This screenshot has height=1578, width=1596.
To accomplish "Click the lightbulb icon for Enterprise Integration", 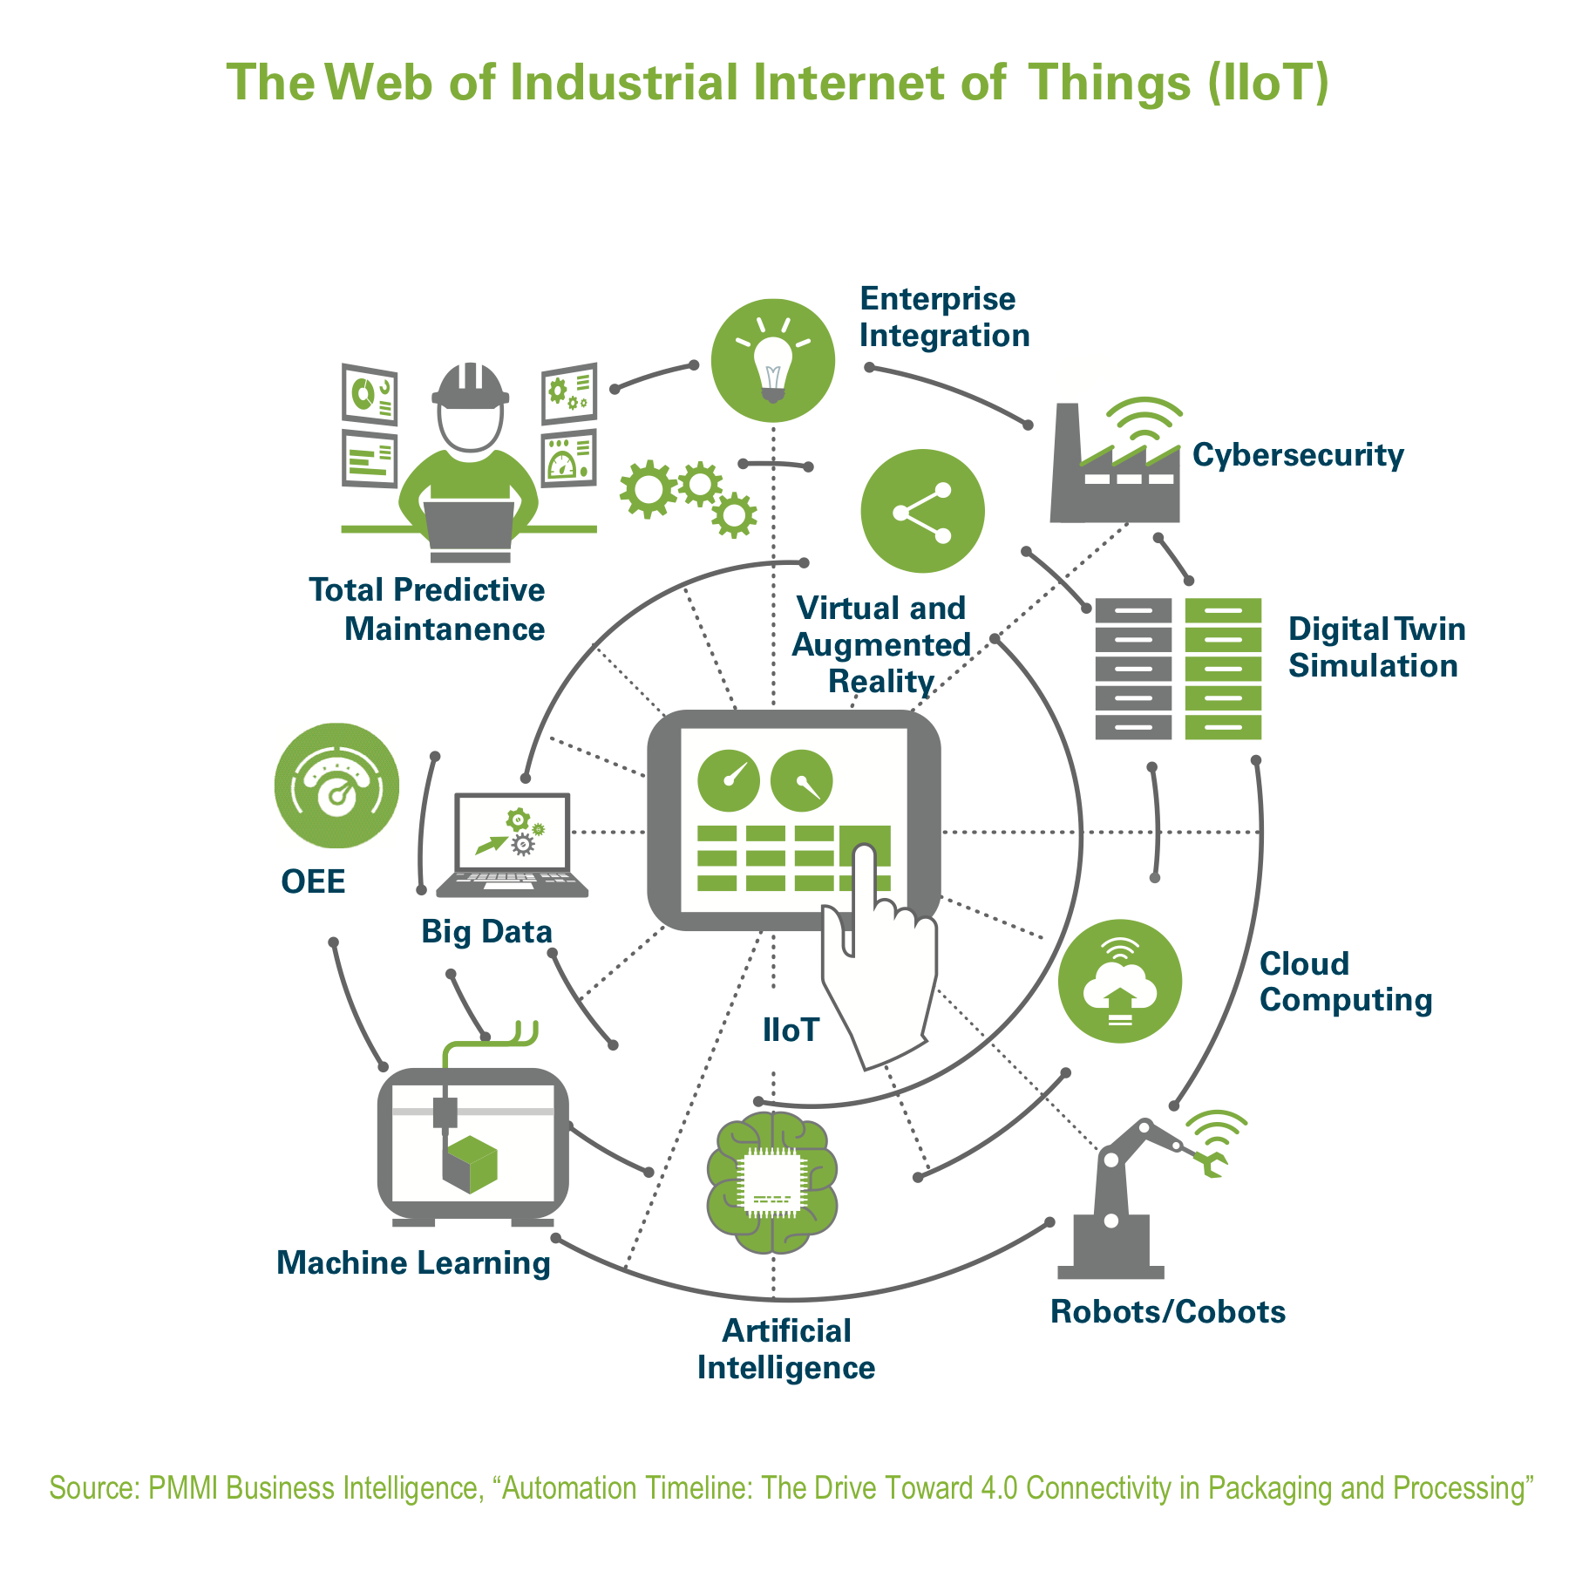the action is click(772, 361).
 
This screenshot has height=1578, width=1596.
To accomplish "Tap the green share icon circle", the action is click(922, 511).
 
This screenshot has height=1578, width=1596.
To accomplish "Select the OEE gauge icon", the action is click(336, 786).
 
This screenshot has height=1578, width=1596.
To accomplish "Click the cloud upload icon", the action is click(1119, 981).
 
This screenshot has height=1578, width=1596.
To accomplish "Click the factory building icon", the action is click(1115, 463).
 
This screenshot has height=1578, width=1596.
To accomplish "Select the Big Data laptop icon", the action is click(513, 845).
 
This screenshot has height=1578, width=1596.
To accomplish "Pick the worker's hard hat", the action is click(471, 386).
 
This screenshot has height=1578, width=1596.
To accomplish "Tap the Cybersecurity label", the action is click(1298, 455).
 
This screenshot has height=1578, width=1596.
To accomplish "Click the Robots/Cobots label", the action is click(1168, 1311).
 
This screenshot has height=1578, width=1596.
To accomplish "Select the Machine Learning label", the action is click(413, 1263).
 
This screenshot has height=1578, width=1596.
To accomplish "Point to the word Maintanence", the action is click(445, 629).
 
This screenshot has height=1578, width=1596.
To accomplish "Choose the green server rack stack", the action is click(1223, 669).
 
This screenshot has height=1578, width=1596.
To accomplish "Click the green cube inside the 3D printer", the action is click(470, 1165).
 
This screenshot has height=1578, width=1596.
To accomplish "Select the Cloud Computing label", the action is click(1346, 982).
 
